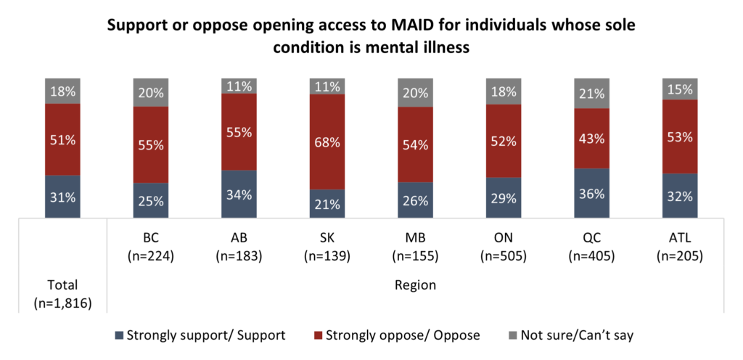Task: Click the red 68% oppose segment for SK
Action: (x=327, y=142)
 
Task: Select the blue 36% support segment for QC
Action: (x=592, y=194)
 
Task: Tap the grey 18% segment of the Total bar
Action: (x=62, y=91)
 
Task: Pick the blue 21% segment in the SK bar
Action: (x=327, y=204)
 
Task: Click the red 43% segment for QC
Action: (x=592, y=139)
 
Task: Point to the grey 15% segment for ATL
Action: (x=680, y=89)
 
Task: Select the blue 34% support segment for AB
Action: (x=239, y=195)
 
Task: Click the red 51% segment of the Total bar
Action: (x=62, y=139)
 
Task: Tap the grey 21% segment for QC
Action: (x=592, y=93)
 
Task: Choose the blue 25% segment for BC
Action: (x=150, y=200)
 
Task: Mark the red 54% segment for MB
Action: (x=415, y=144)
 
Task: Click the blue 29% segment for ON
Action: (x=504, y=197)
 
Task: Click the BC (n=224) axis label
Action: (x=150, y=247)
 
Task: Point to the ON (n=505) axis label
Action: (x=504, y=247)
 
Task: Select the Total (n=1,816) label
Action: (x=62, y=292)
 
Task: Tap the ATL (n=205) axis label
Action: (x=680, y=247)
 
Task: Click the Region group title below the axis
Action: (x=415, y=285)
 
